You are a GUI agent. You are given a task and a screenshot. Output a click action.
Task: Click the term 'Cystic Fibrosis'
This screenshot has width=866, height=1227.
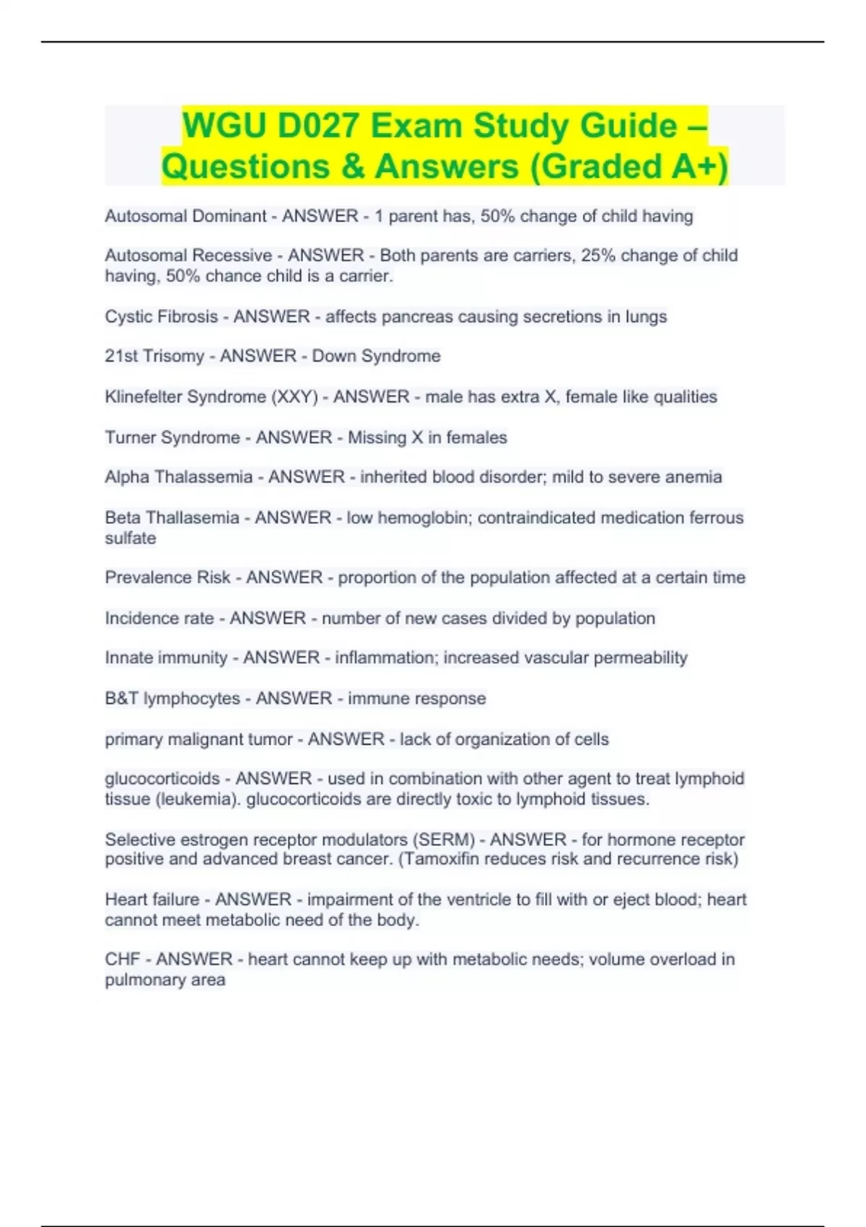pos(161,317)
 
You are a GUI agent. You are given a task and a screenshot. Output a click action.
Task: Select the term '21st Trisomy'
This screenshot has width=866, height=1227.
pos(154,357)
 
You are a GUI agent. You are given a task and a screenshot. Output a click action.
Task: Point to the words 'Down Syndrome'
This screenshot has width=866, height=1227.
pos(376,357)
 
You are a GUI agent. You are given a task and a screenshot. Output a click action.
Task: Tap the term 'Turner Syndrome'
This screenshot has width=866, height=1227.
pos(172,437)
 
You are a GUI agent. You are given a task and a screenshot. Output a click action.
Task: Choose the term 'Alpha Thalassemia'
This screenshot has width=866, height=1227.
pos(178,477)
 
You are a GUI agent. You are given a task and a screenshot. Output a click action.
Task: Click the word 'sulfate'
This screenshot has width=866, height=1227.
pos(130,538)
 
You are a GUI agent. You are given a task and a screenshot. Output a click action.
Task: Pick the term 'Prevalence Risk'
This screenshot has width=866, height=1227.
pos(167,577)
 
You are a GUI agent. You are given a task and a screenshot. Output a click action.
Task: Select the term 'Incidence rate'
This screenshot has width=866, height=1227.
pos(159,619)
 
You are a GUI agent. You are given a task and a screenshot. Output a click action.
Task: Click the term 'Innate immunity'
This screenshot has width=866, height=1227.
pos(166,658)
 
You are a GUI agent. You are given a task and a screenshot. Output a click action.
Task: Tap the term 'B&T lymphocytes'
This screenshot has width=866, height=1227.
pos(172,699)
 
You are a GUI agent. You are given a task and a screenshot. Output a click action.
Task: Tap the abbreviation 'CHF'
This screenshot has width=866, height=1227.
pos(122,959)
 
